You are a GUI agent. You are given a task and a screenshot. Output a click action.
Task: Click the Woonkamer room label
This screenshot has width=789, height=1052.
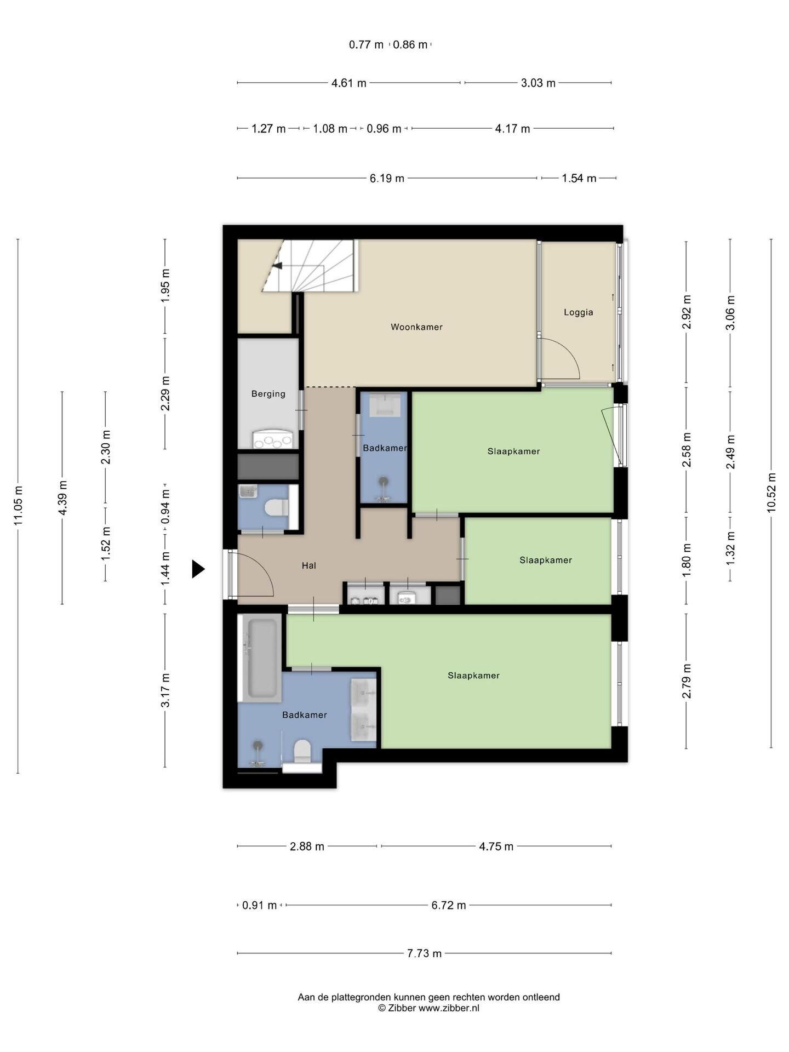tap(416, 327)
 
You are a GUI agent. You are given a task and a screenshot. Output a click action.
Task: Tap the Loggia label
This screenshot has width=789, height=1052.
tap(579, 312)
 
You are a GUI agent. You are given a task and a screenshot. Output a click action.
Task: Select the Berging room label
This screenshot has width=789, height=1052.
tap(268, 393)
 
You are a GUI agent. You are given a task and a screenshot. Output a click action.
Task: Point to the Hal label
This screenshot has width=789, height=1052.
tap(308, 565)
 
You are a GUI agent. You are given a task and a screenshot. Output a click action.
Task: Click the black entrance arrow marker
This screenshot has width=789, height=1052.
tap(198, 569)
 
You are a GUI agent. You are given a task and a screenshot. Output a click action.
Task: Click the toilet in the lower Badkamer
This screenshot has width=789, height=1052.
tap(302, 751)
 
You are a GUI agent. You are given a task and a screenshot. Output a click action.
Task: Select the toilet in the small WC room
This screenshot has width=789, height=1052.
tap(277, 507)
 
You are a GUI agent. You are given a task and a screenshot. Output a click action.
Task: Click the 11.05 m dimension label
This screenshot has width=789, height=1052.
tap(18, 506)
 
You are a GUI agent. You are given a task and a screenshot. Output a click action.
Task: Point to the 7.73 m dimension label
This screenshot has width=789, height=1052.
tap(424, 953)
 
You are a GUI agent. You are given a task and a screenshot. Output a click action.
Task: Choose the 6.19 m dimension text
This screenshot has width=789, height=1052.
tap(387, 178)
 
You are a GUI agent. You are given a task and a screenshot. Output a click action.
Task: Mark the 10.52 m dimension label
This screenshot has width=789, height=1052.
tap(771, 493)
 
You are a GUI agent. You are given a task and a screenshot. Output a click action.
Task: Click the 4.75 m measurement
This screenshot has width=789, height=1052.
tap(496, 847)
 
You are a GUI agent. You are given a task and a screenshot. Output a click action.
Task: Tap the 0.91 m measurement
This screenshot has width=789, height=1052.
tap(260, 905)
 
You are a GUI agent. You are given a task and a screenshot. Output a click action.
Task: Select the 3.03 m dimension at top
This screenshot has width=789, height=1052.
tap(538, 83)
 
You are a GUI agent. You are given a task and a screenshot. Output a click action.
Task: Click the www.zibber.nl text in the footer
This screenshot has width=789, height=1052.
tap(449, 1008)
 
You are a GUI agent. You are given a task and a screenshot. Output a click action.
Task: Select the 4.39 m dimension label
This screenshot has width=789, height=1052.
tap(62, 497)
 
